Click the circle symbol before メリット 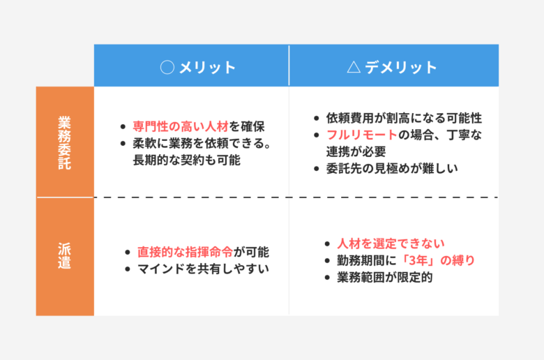tap(167, 68)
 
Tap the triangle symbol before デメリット tap(354, 67)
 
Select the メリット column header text tap(207, 68)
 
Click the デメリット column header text tap(401, 67)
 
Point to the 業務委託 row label tap(65, 143)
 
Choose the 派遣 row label tap(65, 256)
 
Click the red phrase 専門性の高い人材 tap(181, 126)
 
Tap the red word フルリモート tap(362, 135)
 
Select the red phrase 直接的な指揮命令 tap(186, 252)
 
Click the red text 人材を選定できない tap(391, 243)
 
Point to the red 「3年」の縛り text tap(437, 260)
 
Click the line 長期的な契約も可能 tap(187, 160)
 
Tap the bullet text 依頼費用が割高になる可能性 tap(404, 118)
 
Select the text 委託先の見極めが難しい tap(392, 169)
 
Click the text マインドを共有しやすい tap(204, 269)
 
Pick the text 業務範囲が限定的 tap(385, 278)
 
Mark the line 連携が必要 tap(356, 151)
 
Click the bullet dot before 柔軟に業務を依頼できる tap(123, 144)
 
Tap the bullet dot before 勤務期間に tap(327, 261)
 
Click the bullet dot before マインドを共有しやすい tap(128, 269)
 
